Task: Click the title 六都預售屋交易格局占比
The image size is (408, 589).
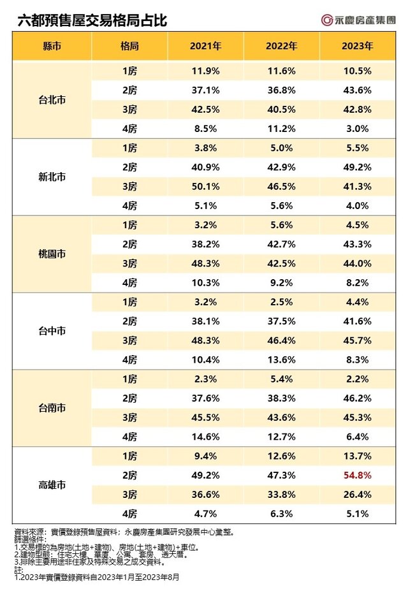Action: coord(92,21)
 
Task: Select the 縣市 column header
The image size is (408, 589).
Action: coord(52,47)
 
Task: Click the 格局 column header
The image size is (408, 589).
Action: coord(130,47)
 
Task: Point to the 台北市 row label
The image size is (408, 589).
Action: coord(52,101)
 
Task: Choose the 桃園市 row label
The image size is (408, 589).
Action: coord(52,254)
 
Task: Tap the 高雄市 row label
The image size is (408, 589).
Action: coord(52,485)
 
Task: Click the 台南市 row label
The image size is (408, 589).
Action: coord(52,409)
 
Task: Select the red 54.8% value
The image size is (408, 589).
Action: coord(358,476)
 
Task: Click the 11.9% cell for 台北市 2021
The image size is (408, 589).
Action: coord(206,71)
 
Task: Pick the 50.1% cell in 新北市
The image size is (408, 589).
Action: coord(206,186)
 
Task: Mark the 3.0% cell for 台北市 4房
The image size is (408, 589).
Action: coord(358,128)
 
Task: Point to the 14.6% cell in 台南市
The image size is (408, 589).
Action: coord(206,437)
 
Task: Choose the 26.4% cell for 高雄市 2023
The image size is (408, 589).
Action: coord(358,495)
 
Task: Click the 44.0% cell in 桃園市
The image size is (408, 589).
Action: coord(358,263)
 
